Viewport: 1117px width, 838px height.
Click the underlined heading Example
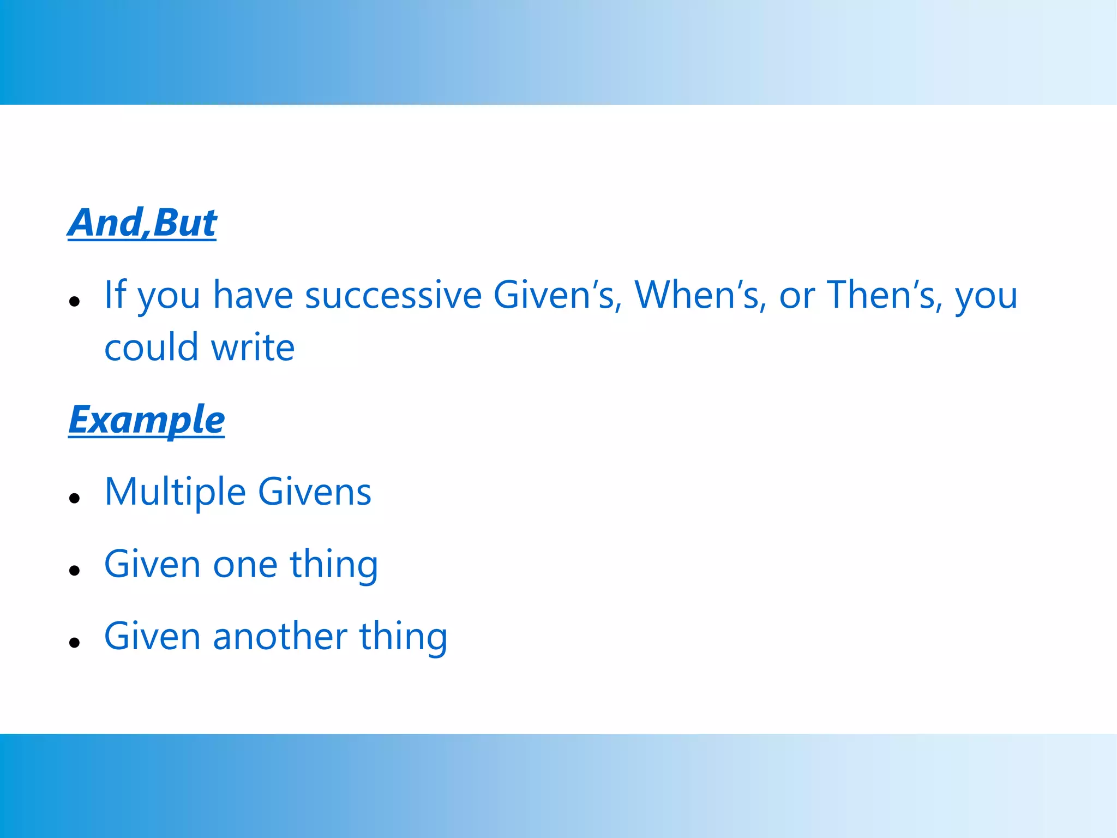pos(146,420)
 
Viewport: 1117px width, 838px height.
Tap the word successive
pos(393,295)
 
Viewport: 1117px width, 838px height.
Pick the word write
pos(253,348)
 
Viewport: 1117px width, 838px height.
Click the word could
pos(151,348)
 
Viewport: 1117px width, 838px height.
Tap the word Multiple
pos(175,492)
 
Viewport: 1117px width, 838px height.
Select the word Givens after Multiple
pos(314,492)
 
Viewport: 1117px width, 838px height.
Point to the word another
pos(280,637)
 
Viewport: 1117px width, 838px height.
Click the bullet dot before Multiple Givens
pos(75,498)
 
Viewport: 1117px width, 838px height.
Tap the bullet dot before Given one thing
pos(75,570)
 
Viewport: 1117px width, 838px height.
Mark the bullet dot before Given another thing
pos(75,642)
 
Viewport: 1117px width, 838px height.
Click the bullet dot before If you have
pos(75,301)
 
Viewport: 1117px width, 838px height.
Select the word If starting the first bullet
pos(115,295)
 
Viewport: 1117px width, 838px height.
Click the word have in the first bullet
pos(253,295)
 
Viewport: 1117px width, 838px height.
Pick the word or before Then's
pos(797,295)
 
